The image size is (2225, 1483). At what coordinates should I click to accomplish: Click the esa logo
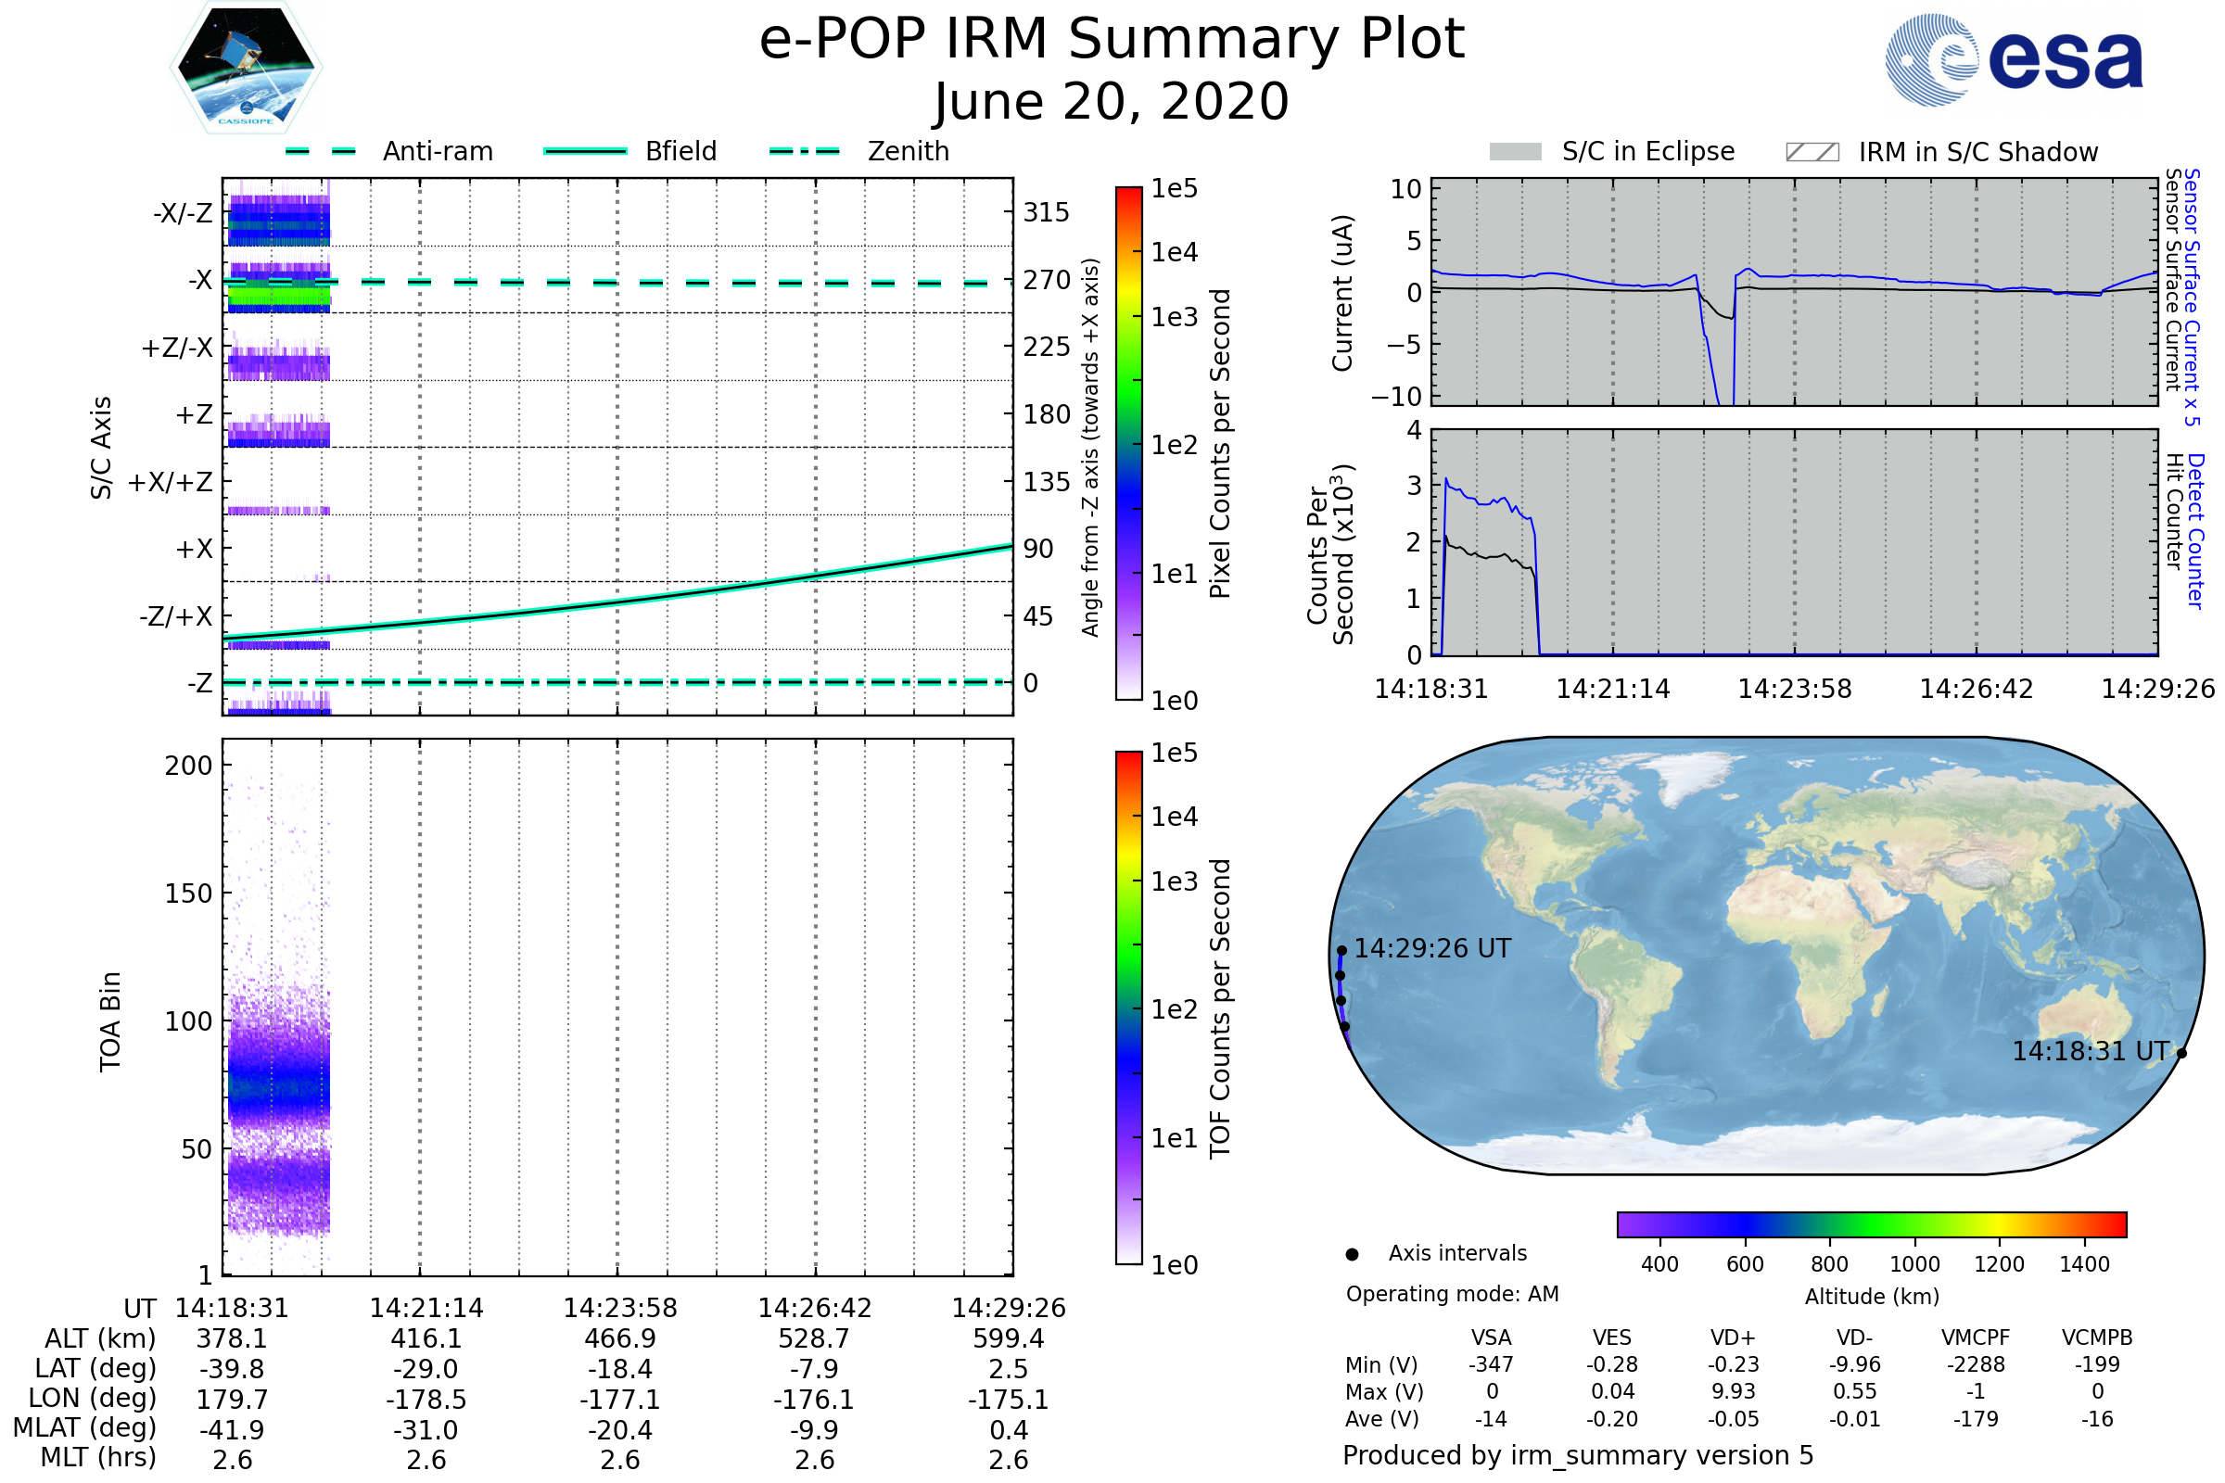[x=2014, y=59]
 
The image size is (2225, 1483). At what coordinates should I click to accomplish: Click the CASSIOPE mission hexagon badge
[x=246, y=67]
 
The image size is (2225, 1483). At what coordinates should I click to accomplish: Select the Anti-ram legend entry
[x=388, y=151]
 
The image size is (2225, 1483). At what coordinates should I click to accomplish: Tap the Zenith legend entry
[x=859, y=151]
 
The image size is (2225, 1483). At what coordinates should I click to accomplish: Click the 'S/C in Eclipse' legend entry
[x=1612, y=151]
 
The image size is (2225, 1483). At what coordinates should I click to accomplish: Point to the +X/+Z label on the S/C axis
[x=171, y=482]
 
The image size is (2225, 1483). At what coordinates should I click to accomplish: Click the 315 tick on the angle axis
[x=1047, y=212]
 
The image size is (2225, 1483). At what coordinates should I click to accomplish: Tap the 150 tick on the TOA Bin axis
[x=189, y=894]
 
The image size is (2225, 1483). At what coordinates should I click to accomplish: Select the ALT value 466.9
[x=619, y=1338]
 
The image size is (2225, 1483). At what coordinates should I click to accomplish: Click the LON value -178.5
[x=426, y=1399]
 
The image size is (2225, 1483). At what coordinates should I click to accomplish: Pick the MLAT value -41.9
[x=232, y=1430]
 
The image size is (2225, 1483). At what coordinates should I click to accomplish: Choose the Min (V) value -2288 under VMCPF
[x=1977, y=1364]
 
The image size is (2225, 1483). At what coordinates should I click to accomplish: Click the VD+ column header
[x=1733, y=1338]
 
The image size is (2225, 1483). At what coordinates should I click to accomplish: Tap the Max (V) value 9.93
[x=1733, y=1392]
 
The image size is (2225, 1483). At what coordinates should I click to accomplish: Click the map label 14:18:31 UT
[x=2091, y=1052]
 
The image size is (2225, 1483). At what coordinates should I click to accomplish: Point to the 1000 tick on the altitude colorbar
[x=1914, y=1264]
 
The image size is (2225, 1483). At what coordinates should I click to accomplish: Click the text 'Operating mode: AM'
[x=1452, y=1294]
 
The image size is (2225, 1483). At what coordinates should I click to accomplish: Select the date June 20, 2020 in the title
[x=1112, y=101]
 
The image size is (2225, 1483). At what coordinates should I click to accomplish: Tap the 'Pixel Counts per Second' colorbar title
[x=1220, y=444]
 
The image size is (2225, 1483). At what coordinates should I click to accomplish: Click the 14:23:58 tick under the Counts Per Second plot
[x=1795, y=689]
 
